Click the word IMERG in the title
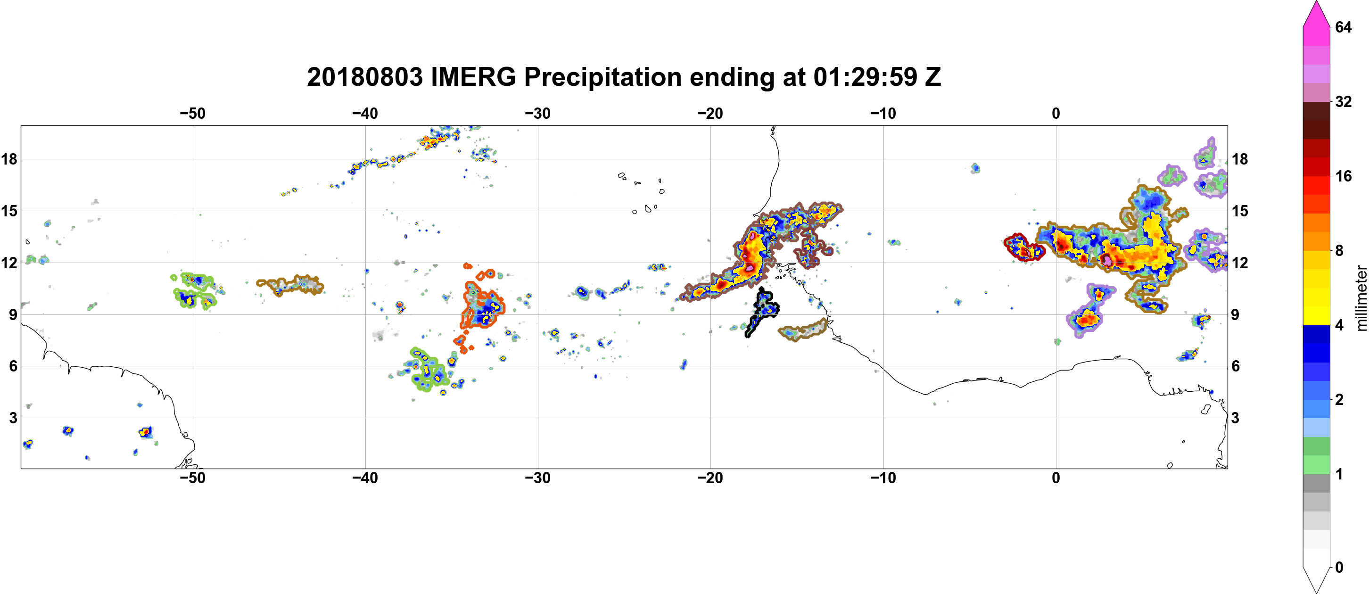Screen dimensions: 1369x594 point(473,77)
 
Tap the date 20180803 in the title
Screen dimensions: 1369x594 point(364,77)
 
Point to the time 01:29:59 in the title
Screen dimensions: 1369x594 point(865,77)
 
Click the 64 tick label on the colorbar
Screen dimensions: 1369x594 point(1343,27)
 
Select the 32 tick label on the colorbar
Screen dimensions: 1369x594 point(1343,101)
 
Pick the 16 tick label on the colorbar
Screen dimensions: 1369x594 point(1343,176)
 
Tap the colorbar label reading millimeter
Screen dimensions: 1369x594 point(1361,298)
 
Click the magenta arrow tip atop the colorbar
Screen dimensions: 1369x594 point(1316,3)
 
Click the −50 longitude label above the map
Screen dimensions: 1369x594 point(192,113)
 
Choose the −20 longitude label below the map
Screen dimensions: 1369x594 point(710,478)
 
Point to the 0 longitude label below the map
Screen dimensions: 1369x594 point(1056,478)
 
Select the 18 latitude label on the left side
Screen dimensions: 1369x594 point(9,159)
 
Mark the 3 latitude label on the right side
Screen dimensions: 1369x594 point(1235,418)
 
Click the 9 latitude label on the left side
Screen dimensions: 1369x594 point(13,314)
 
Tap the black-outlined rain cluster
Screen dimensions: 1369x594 point(764,310)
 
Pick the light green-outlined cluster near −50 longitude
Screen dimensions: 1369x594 point(195,290)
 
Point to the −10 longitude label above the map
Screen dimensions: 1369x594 point(883,113)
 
